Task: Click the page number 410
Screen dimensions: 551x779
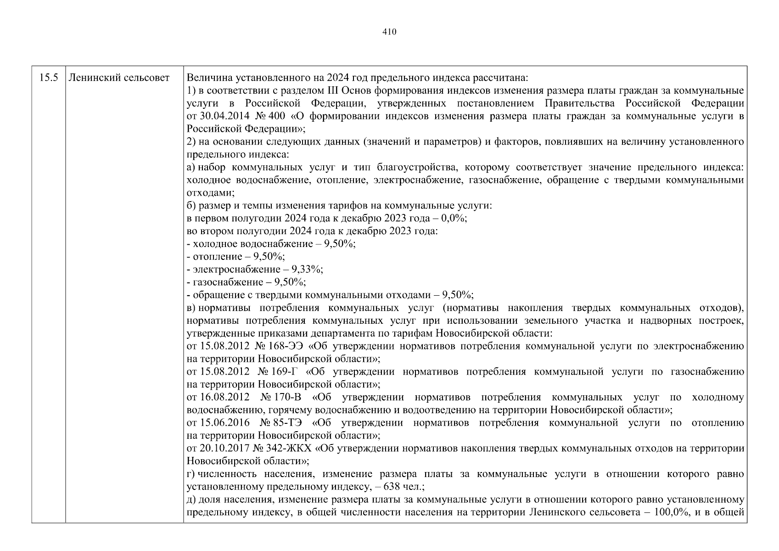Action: click(389, 32)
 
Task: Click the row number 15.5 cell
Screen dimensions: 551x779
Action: click(49, 78)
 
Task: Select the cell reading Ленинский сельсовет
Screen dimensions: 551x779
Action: click(119, 78)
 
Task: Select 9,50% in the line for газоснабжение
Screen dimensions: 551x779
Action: click(290, 282)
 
